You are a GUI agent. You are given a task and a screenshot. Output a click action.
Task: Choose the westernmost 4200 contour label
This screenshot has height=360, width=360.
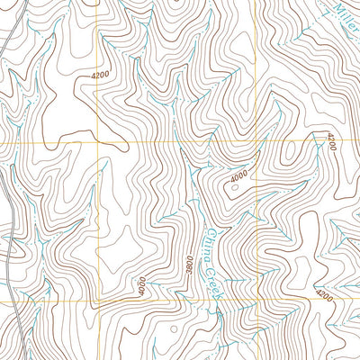[104, 76]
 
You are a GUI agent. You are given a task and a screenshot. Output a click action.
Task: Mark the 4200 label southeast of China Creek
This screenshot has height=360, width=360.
[325, 294]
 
